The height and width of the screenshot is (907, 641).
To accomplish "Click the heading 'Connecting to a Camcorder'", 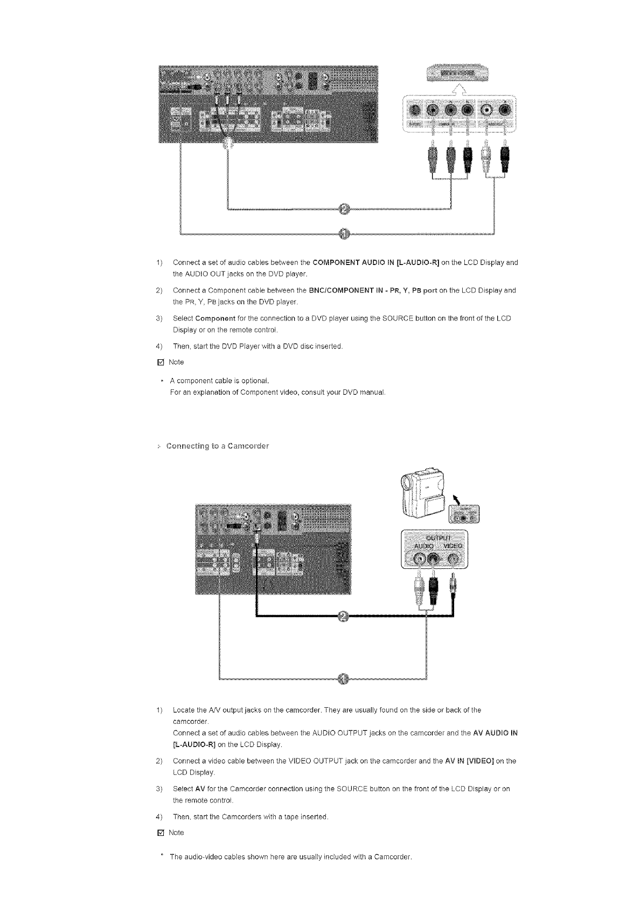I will [218, 446].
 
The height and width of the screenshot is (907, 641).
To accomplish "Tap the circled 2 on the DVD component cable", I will [345, 209].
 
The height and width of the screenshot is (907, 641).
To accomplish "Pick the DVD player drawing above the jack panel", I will [456, 73].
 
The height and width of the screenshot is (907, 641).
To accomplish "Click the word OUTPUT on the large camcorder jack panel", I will [438, 538].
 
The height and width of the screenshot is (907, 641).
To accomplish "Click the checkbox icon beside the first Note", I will [159, 362].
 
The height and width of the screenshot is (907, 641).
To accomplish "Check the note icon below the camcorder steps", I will [159, 833].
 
